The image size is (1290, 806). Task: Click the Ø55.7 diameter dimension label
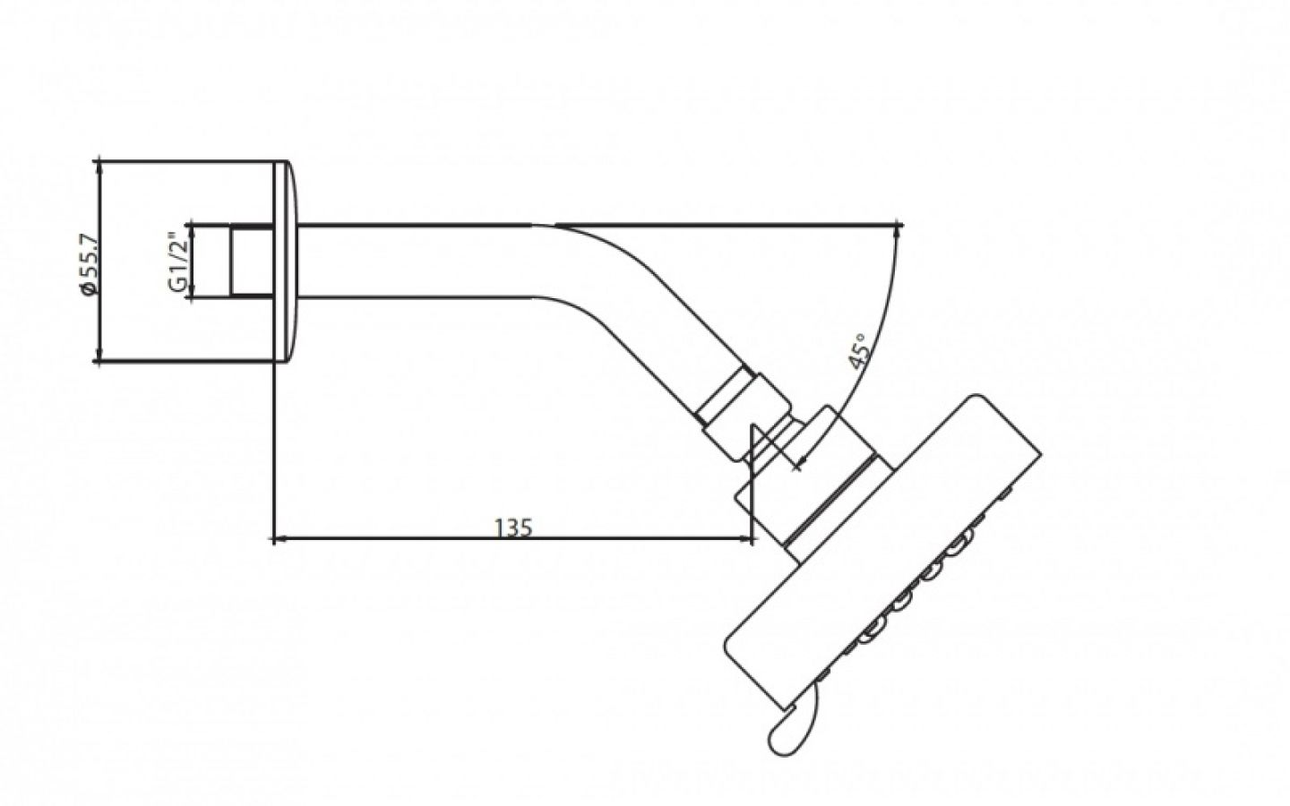point(87,262)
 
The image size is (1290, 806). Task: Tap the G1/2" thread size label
point(176,262)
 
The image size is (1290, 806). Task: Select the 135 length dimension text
point(513,527)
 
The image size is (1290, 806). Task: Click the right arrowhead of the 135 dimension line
point(746,539)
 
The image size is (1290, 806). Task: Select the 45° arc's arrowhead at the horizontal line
point(897,230)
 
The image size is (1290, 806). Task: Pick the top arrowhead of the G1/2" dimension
point(189,228)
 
